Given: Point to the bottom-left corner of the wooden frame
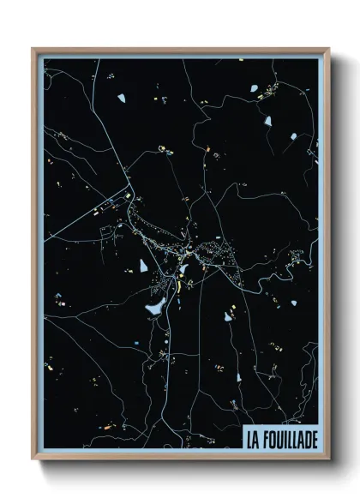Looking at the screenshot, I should click(x=33, y=459).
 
